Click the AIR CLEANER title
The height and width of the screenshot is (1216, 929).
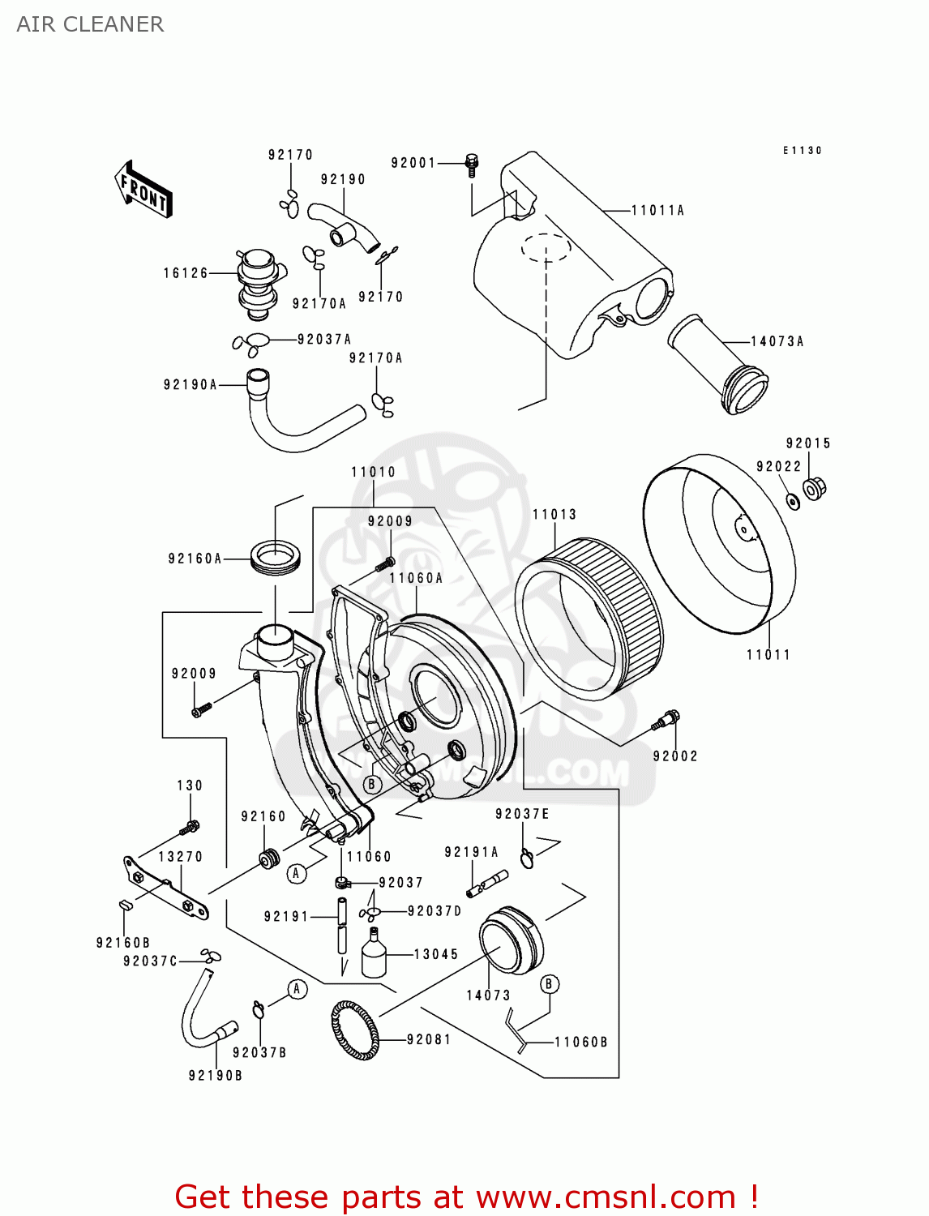tap(90, 24)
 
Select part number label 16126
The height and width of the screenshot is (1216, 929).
tap(186, 273)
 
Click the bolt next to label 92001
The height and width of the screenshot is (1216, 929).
tap(472, 164)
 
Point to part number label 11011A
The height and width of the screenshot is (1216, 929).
tap(657, 211)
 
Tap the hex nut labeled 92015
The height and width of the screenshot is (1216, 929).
tap(814, 488)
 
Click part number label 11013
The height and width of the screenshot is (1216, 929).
tap(554, 514)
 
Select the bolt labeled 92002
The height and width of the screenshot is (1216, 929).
tap(669, 720)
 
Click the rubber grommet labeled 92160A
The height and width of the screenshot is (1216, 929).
tap(276, 555)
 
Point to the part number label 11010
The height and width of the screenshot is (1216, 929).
tap(373, 472)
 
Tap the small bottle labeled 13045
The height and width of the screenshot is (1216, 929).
tap(374, 954)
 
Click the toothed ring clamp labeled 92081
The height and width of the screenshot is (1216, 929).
tap(355, 1030)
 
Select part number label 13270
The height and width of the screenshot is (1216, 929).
tap(180, 857)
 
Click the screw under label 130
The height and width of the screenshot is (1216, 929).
tap(191, 828)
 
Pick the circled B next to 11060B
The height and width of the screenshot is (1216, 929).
tap(549, 984)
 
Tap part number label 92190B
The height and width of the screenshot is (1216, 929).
tap(216, 1076)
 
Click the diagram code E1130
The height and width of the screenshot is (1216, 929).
tap(803, 151)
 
